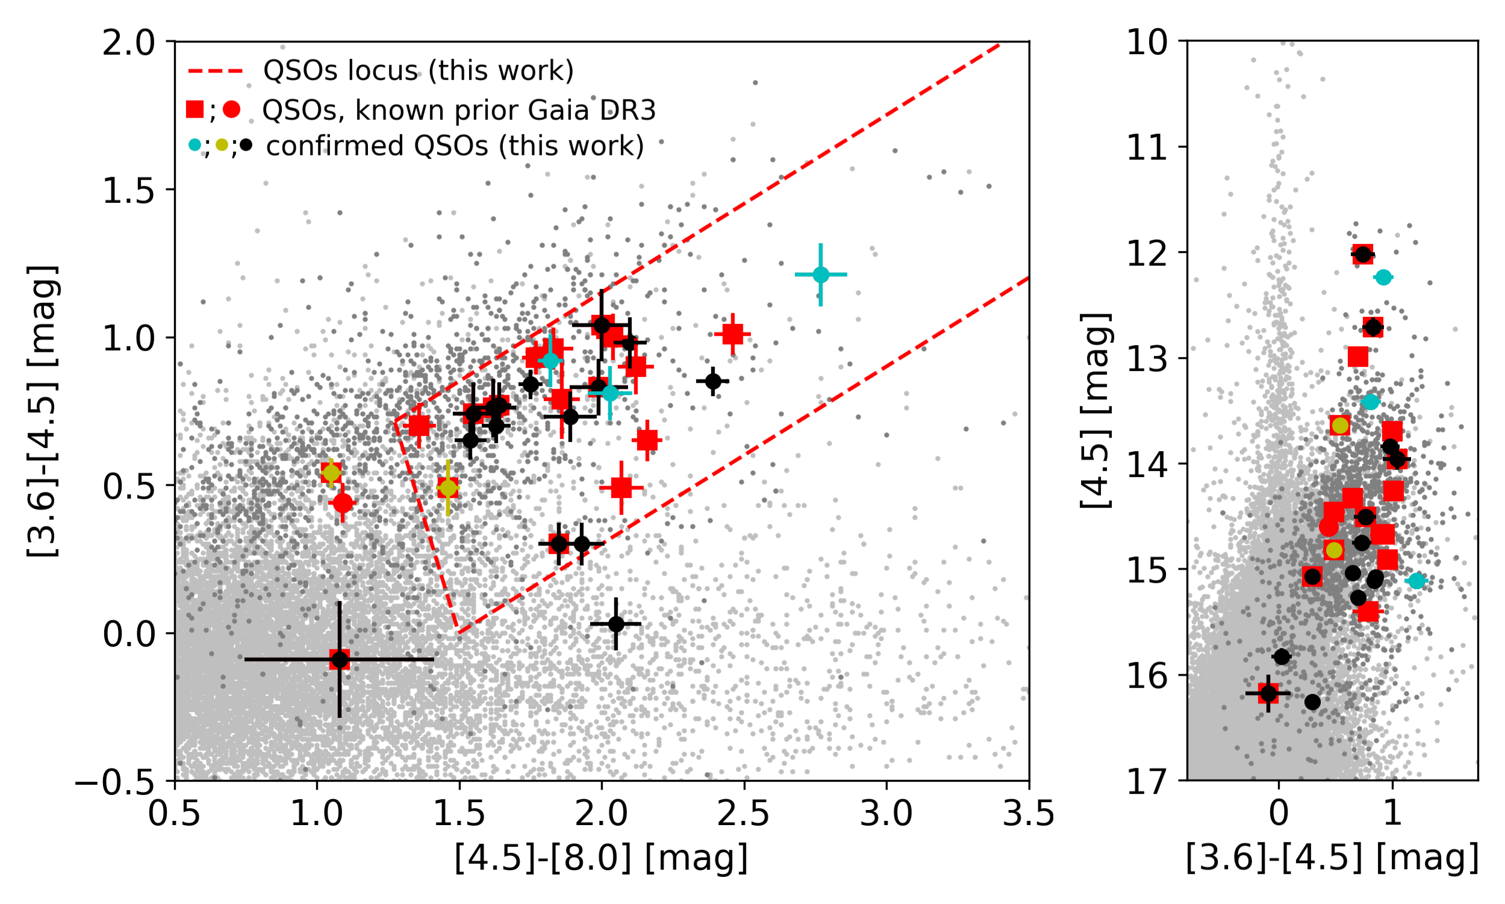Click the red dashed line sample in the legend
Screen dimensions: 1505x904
(x=216, y=71)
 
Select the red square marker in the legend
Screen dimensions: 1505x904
(x=195, y=110)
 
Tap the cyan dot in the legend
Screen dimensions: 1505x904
(x=195, y=145)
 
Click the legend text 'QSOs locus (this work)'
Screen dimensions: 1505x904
(x=419, y=71)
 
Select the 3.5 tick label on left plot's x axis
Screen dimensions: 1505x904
(x=1029, y=814)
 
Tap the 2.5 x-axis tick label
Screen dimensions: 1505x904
(x=744, y=814)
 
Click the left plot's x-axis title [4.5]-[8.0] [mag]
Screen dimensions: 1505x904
(x=601, y=858)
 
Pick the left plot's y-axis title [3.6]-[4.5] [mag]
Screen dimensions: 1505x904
(x=43, y=411)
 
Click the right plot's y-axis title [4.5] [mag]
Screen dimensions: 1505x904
(x=1096, y=411)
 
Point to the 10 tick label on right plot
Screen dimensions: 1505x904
(x=1147, y=43)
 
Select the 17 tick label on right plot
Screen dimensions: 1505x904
(x=1147, y=782)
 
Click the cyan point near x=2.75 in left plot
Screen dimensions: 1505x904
(x=821, y=275)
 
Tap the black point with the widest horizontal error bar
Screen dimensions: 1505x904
(x=339, y=659)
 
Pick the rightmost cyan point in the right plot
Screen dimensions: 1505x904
(x=1416, y=581)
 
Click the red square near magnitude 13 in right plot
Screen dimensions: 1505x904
(x=1358, y=357)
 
